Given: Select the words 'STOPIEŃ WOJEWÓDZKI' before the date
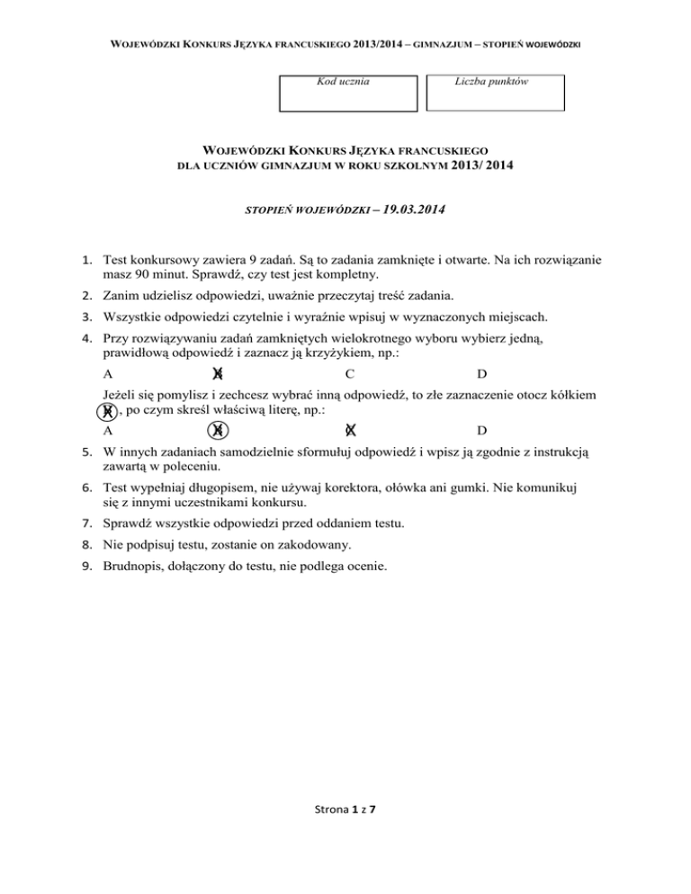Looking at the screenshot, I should [x=306, y=212].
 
